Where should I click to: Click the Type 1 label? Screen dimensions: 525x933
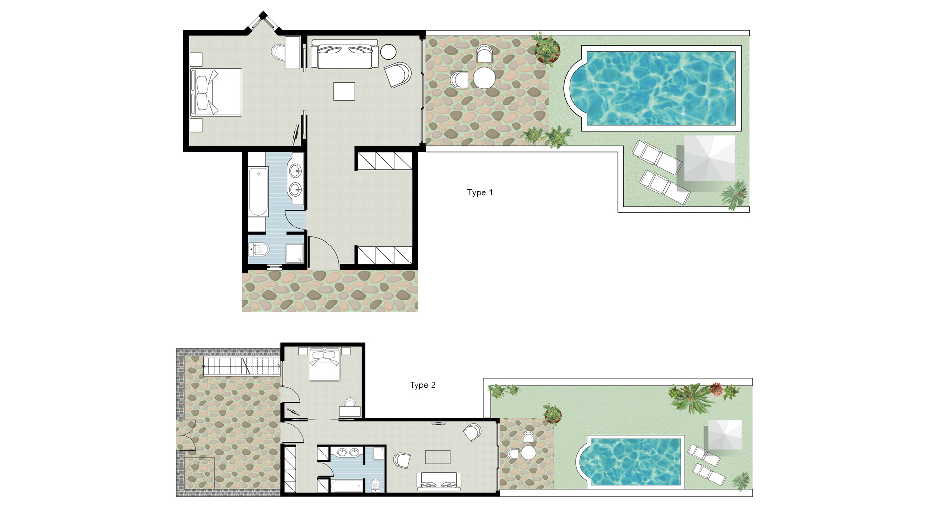click(480, 192)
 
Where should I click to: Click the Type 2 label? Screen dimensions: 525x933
click(422, 385)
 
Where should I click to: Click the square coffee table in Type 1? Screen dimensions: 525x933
click(344, 91)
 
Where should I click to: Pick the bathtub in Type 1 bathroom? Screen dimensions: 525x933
click(258, 192)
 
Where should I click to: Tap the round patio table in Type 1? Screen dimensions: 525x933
click(484, 78)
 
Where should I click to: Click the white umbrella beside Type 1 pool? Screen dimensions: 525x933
click(709, 158)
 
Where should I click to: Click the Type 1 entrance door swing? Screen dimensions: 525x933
click(323, 250)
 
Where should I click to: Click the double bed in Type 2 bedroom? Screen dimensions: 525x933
click(324, 365)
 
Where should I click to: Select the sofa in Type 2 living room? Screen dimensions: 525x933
click(438, 480)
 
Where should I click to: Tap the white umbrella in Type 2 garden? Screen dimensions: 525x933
click(725, 435)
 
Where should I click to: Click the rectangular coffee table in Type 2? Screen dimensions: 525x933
click(437, 457)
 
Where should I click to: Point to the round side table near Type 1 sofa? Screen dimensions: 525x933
click(388, 52)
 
